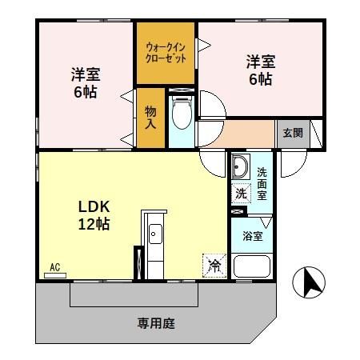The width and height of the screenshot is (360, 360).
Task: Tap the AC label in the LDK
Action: [x=55, y=266]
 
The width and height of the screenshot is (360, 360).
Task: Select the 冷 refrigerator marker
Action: [x=214, y=263]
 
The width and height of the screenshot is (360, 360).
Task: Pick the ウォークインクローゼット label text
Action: [x=166, y=54]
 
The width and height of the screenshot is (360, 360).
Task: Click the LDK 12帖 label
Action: [x=94, y=215]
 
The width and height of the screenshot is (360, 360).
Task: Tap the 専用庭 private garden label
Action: [x=155, y=324]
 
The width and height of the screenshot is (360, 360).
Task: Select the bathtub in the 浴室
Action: [x=252, y=266]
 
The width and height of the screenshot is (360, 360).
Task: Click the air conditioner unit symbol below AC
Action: [x=55, y=274]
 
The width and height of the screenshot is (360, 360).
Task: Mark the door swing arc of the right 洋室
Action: [x=212, y=106]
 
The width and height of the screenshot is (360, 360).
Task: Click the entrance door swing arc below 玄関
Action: [x=294, y=162]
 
